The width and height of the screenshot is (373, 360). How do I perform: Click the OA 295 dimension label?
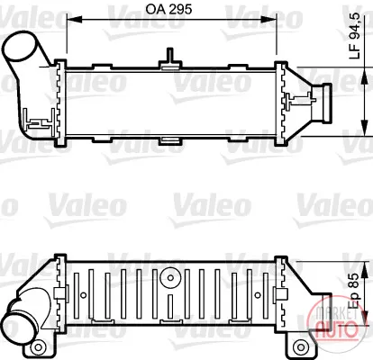click(168, 9)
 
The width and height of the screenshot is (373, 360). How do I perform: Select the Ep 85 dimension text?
click(355, 291)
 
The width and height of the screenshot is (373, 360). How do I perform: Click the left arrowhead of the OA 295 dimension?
click(74, 20)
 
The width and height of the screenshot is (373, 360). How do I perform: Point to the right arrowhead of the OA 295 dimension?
click(268, 20)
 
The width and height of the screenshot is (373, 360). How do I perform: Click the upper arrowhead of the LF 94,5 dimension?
click(364, 76)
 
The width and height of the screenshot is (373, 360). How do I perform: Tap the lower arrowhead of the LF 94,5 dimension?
click(364, 128)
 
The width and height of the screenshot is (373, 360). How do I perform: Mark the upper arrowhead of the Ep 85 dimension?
click(364, 269)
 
